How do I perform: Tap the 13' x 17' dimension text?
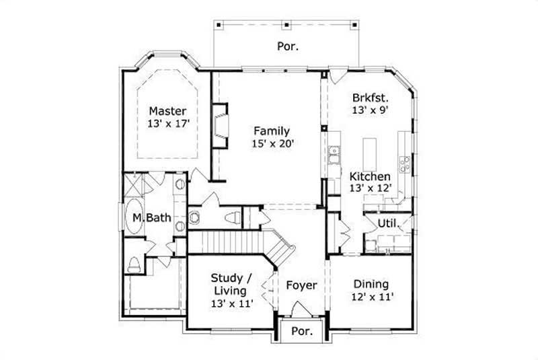(x=168, y=124)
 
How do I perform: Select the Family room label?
(x=272, y=131)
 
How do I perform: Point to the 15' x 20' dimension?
(x=272, y=143)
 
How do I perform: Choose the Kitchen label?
(x=370, y=176)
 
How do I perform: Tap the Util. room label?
(x=388, y=223)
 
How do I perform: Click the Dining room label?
(x=371, y=284)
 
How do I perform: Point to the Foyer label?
(x=301, y=285)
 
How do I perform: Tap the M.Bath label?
(x=151, y=217)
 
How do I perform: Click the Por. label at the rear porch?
(x=288, y=46)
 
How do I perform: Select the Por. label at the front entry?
(x=301, y=332)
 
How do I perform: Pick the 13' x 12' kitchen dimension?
(x=370, y=189)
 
